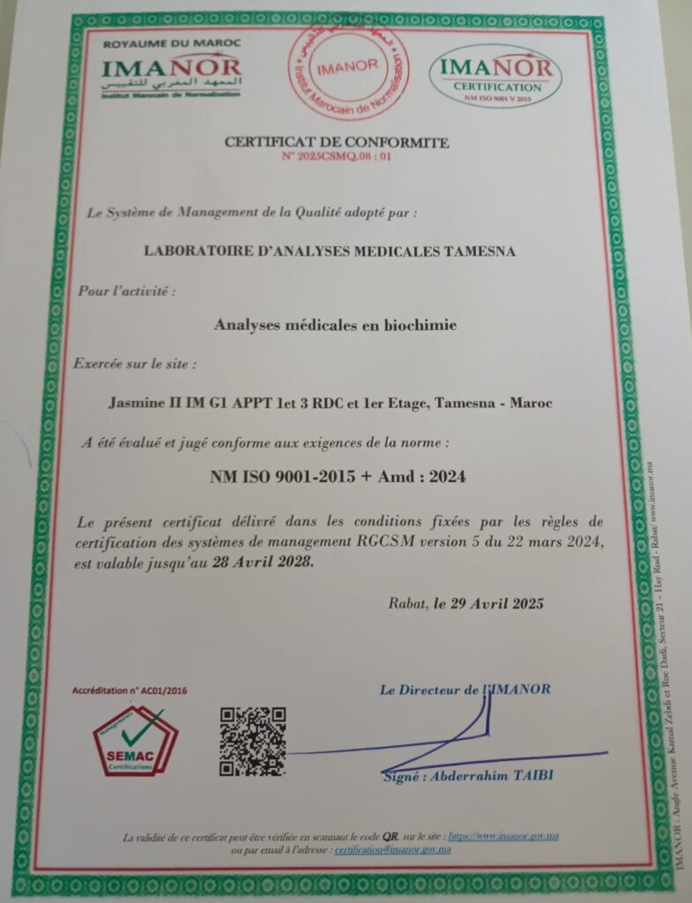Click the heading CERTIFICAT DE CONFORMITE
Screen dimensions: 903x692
click(337, 142)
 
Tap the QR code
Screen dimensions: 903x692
click(252, 741)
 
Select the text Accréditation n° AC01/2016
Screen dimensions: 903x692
click(130, 691)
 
